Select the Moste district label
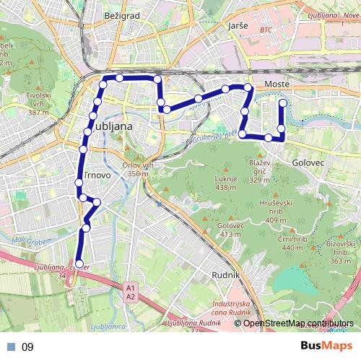tap(277, 85)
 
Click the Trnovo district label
tap(96, 175)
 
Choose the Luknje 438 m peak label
tap(226, 183)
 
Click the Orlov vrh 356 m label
tap(141, 169)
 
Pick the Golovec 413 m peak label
tap(229, 230)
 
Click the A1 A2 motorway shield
tap(130, 291)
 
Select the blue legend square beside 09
tap(10, 347)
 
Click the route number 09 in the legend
tap(27, 347)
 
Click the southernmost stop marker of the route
tap(79, 264)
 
